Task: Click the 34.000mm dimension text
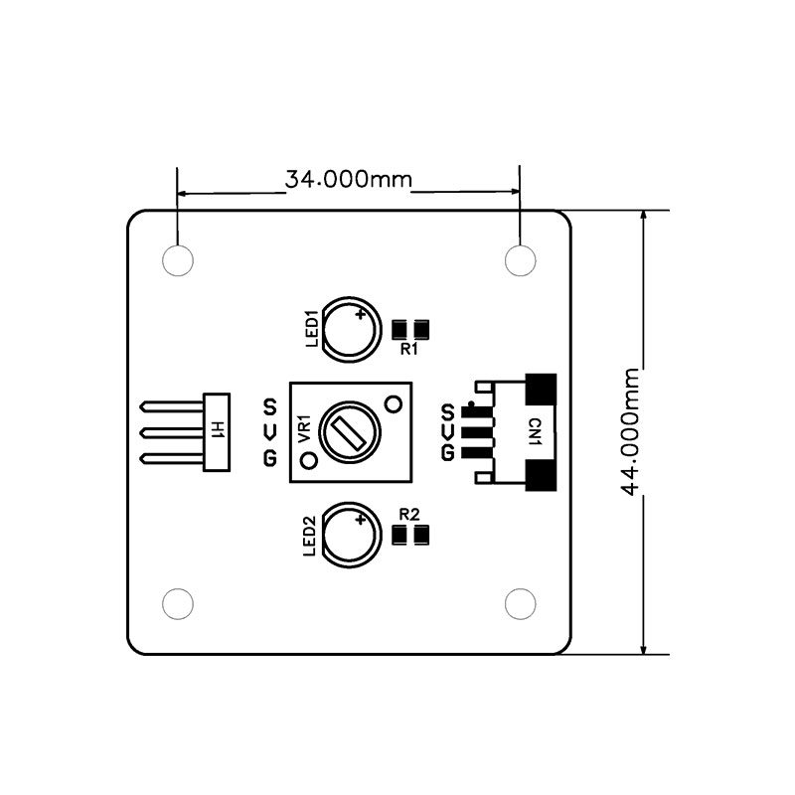tap(349, 179)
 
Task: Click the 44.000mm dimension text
tap(630, 431)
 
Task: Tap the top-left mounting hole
tap(178, 260)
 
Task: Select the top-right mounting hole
tap(521, 260)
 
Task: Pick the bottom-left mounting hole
tap(178, 604)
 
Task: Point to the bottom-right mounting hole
tap(521, 604)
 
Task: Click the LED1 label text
tap(312, 329)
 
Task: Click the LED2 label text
tap(310, 536)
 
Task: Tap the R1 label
tap(409, 350)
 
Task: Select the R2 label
tap(409, 515)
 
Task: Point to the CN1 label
tap(535, 432)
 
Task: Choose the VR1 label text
tap(304, 429)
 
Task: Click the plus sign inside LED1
tap(361, 315)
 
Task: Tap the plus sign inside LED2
tap(361, 520)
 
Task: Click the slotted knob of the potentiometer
tap(351, 432)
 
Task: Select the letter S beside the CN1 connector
tap(447, 412)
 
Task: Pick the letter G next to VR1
tap(270, 458)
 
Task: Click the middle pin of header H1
tap(172, 433)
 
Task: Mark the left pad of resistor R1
tap(399, 330)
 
